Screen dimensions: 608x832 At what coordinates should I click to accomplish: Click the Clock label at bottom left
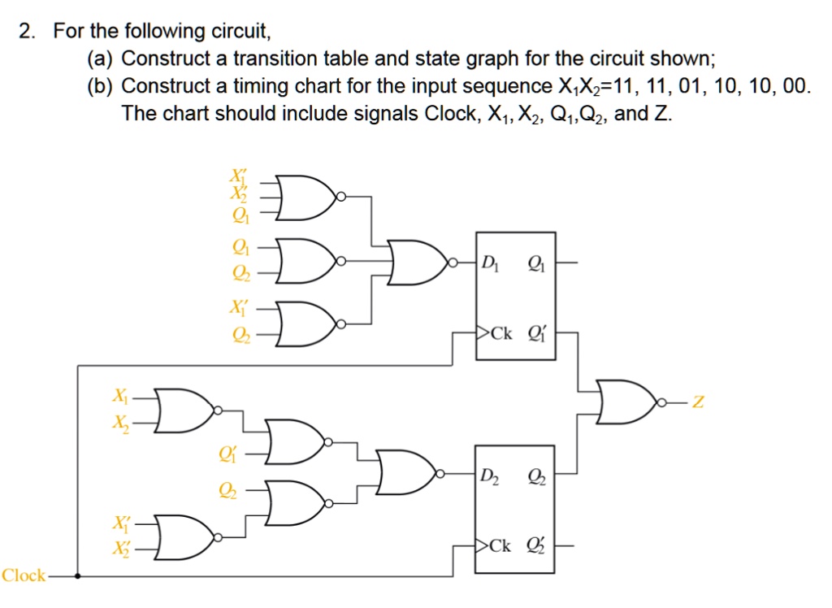tap(24, 575)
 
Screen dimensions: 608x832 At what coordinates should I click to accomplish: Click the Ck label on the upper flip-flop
tap(500, 332)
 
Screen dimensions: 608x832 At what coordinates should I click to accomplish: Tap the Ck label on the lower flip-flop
tap(500, 545)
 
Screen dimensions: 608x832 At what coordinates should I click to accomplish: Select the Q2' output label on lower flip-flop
tap(537, 545)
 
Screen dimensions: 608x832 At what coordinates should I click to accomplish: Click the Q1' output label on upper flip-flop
tap(537, 332)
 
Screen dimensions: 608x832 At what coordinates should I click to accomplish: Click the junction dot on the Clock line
tap(77, 576)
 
